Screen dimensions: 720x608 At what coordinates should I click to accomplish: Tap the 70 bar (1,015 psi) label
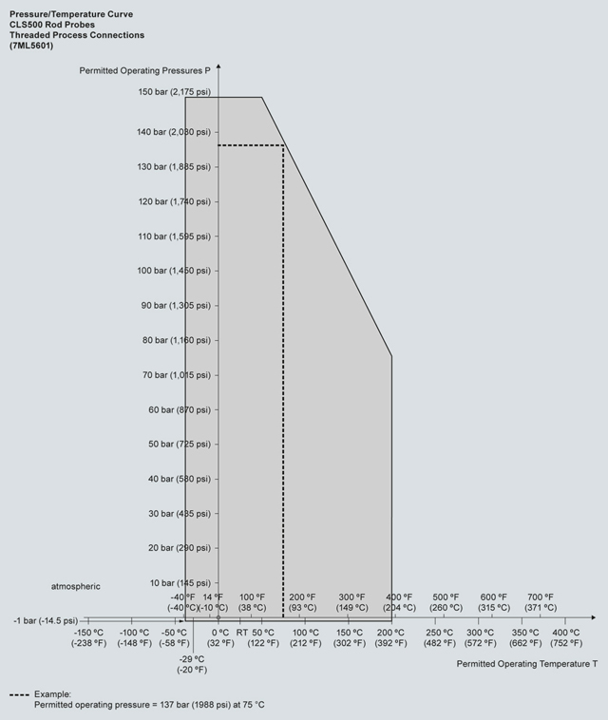tap(174, 374)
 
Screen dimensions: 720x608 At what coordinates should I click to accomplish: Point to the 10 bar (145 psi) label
tap(177, 582)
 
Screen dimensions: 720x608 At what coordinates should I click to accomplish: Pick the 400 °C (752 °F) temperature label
tap(566, 637)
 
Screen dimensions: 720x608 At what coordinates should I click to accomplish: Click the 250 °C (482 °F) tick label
tap(439, 637)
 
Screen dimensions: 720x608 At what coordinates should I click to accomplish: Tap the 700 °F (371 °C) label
tap(541, 601)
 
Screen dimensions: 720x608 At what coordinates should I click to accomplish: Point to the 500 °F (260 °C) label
tap(446, 601)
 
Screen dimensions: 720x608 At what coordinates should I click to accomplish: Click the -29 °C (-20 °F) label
tap(193, 664)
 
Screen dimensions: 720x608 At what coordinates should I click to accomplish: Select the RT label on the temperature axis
tap(242, 633)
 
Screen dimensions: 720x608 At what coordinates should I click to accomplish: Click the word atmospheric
tap(76, 586)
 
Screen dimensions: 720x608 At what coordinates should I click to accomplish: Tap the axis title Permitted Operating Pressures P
tap(145, 70)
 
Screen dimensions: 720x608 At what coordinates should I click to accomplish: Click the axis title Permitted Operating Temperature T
tap(527, 663)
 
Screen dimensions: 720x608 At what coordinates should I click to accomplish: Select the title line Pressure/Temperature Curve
tap(71, 14)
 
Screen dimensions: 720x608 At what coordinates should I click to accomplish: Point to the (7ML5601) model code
tap(32, 46)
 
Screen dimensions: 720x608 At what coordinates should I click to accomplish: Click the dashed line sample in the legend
tap(19, 694)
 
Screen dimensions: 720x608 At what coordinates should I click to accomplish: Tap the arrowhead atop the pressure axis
tap(218, 66)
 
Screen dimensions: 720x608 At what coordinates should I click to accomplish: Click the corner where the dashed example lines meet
tap(283, 145)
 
